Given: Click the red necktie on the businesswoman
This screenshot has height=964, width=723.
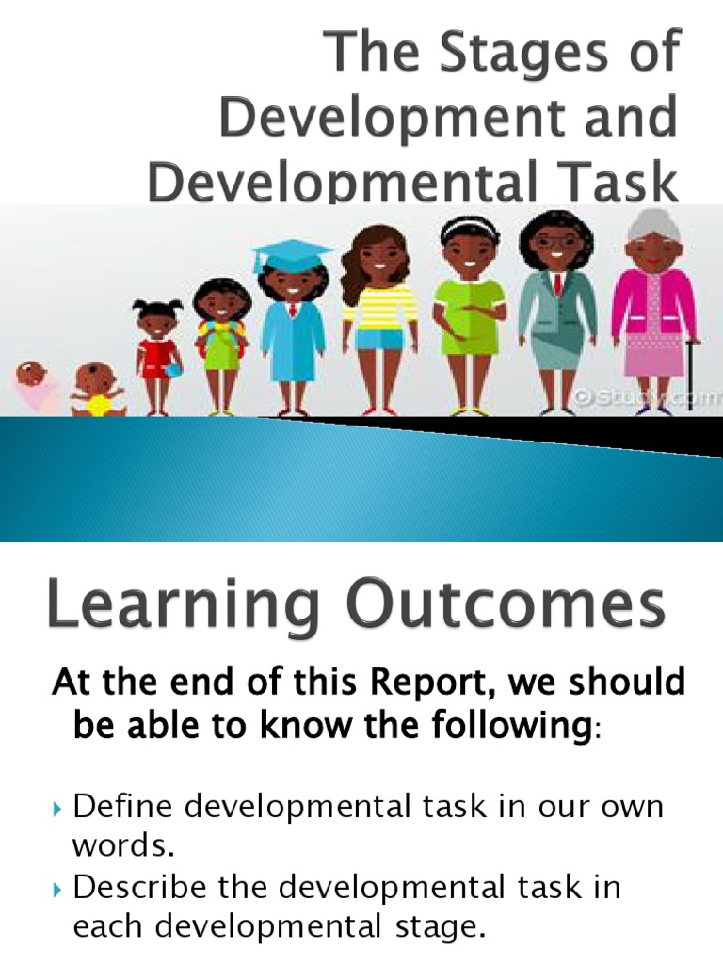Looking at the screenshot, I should coord(558,283).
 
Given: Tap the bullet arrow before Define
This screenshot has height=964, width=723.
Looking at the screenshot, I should coord(56,809).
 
